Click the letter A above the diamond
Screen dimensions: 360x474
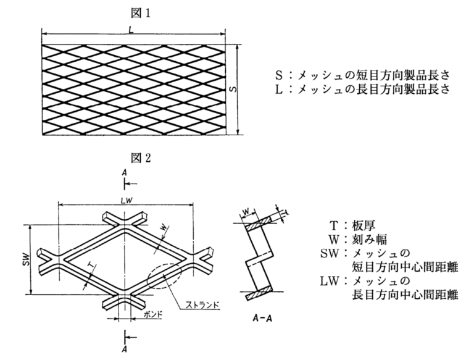coord(125,175)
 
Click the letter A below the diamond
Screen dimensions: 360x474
coord(125,348)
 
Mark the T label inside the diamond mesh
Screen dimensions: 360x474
coord(91,264)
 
